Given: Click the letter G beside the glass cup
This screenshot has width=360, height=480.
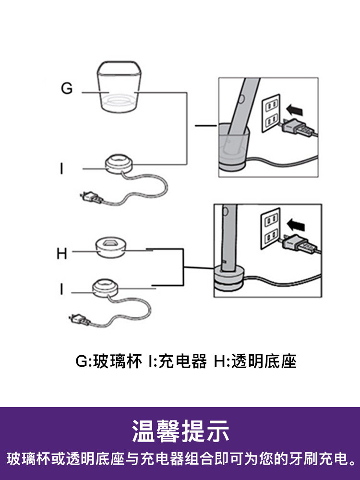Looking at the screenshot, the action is tap(67, 89).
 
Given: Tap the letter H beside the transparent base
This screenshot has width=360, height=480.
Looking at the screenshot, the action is tap(61, 253).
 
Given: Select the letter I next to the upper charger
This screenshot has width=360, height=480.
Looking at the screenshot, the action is tap(61, 169).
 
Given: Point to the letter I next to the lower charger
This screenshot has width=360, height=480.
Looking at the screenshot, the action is tap(61, 289).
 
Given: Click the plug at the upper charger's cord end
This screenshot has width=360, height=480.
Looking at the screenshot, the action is tap(90, 197).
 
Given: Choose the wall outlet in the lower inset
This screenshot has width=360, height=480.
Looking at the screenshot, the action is tap(269, 228).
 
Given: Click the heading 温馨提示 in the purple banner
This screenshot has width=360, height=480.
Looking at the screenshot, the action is tap(180, 431).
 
